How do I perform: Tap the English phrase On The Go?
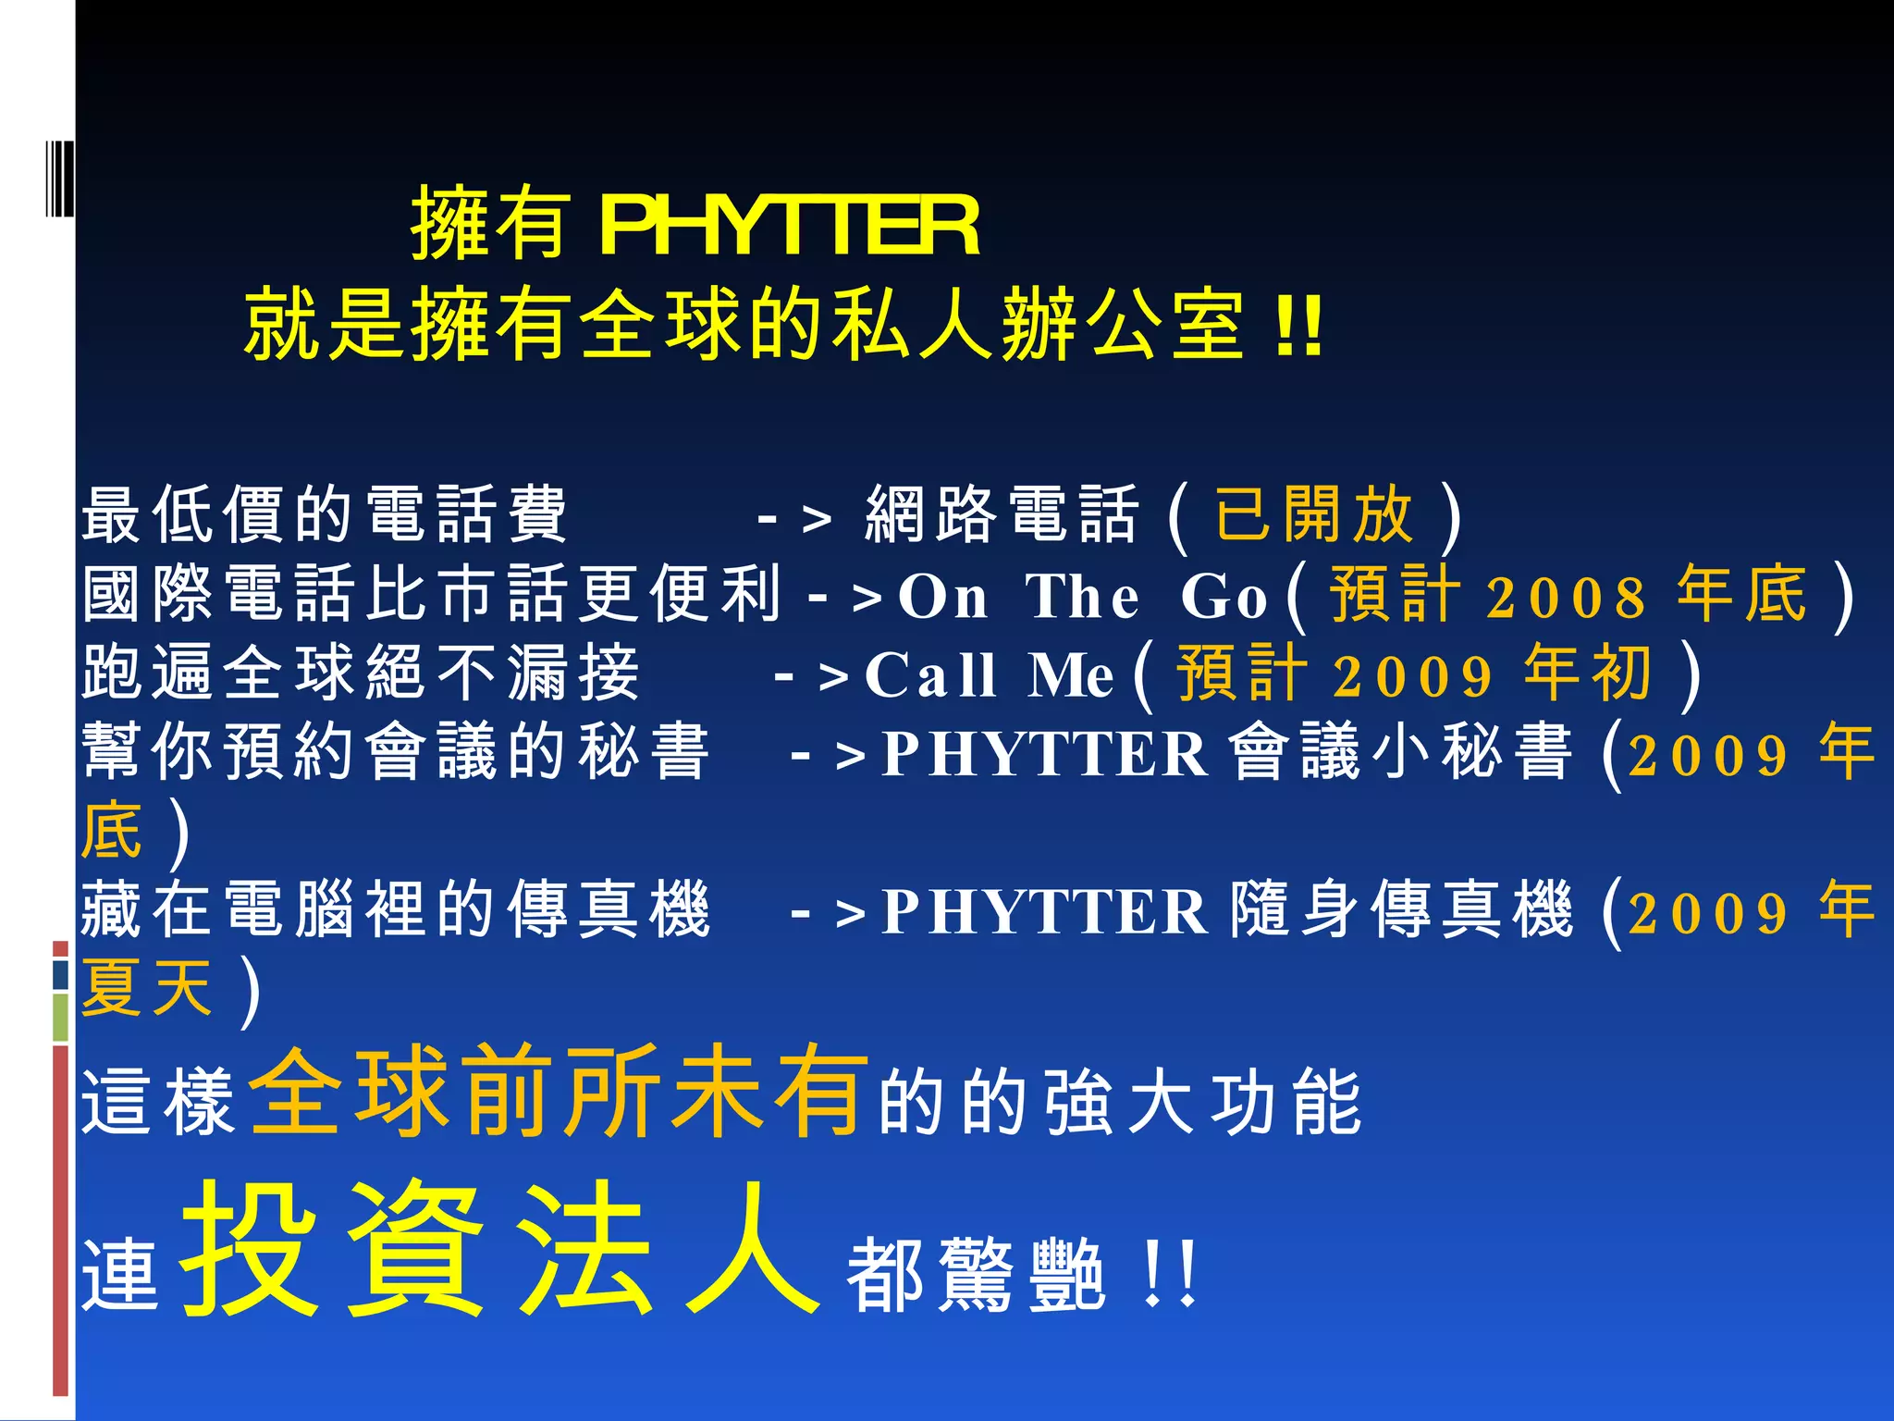(x=1082, y=597)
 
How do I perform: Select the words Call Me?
(x=989, y=675)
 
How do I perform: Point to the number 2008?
(x=1567, y=597)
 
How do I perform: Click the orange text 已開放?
(x=1313, y=515)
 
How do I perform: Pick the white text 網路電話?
(x=1002, y=515)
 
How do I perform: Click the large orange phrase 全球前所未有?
(x=560, y=1092)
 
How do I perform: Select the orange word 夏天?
(x=148, y=988)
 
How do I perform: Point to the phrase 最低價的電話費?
(x=324, y=515)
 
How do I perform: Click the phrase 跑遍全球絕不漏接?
(x=361, y=673)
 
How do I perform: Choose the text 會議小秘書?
(x=1401, y=752)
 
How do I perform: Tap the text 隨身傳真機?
(x=1401, y=910)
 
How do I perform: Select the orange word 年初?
(x=1588, y=673)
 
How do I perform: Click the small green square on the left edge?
(x=60, y=1018)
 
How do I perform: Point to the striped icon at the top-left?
(x=59, y=179)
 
